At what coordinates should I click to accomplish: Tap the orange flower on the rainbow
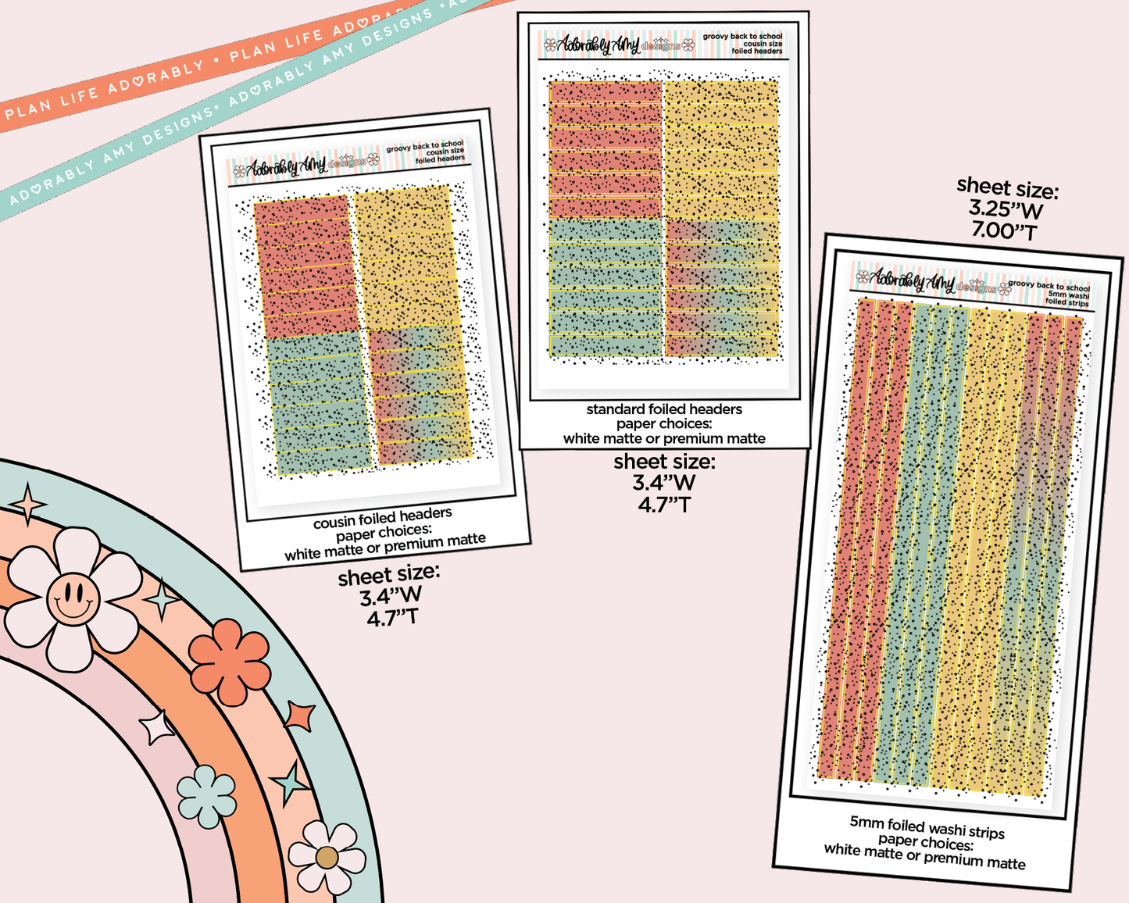230,662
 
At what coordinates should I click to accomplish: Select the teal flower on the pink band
207,796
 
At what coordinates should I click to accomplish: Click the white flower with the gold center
327,857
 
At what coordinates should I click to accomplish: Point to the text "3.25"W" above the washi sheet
1006,209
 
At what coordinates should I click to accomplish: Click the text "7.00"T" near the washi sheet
1004,231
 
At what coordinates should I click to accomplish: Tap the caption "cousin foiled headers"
382,518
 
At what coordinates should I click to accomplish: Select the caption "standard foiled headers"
664,409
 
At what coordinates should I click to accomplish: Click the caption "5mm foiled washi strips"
927,827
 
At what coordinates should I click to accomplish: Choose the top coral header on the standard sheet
606,92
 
